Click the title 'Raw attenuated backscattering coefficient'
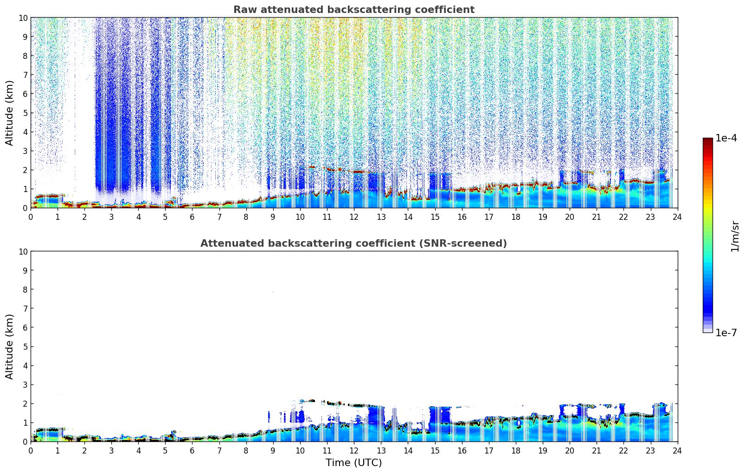pos(353,10)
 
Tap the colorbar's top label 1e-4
pos(726,138)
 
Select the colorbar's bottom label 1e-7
pos(726,332)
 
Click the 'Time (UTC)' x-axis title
pos(353,462)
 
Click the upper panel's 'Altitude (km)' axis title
pos(10,113)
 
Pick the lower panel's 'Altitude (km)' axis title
pos(10,346)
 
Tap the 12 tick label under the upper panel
pos(353,217)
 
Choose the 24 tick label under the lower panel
pos(677,451)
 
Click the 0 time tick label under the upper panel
pos(31,217)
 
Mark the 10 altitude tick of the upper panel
pos(23,18)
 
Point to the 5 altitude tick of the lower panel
pos(25,346)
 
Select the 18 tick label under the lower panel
pos(516,451)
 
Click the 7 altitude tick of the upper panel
pos(25,75)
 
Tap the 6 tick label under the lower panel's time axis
pos(192,451)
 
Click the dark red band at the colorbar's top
pos(707,141)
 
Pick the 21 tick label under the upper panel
pos(597,217)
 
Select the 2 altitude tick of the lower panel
pos(25,403)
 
